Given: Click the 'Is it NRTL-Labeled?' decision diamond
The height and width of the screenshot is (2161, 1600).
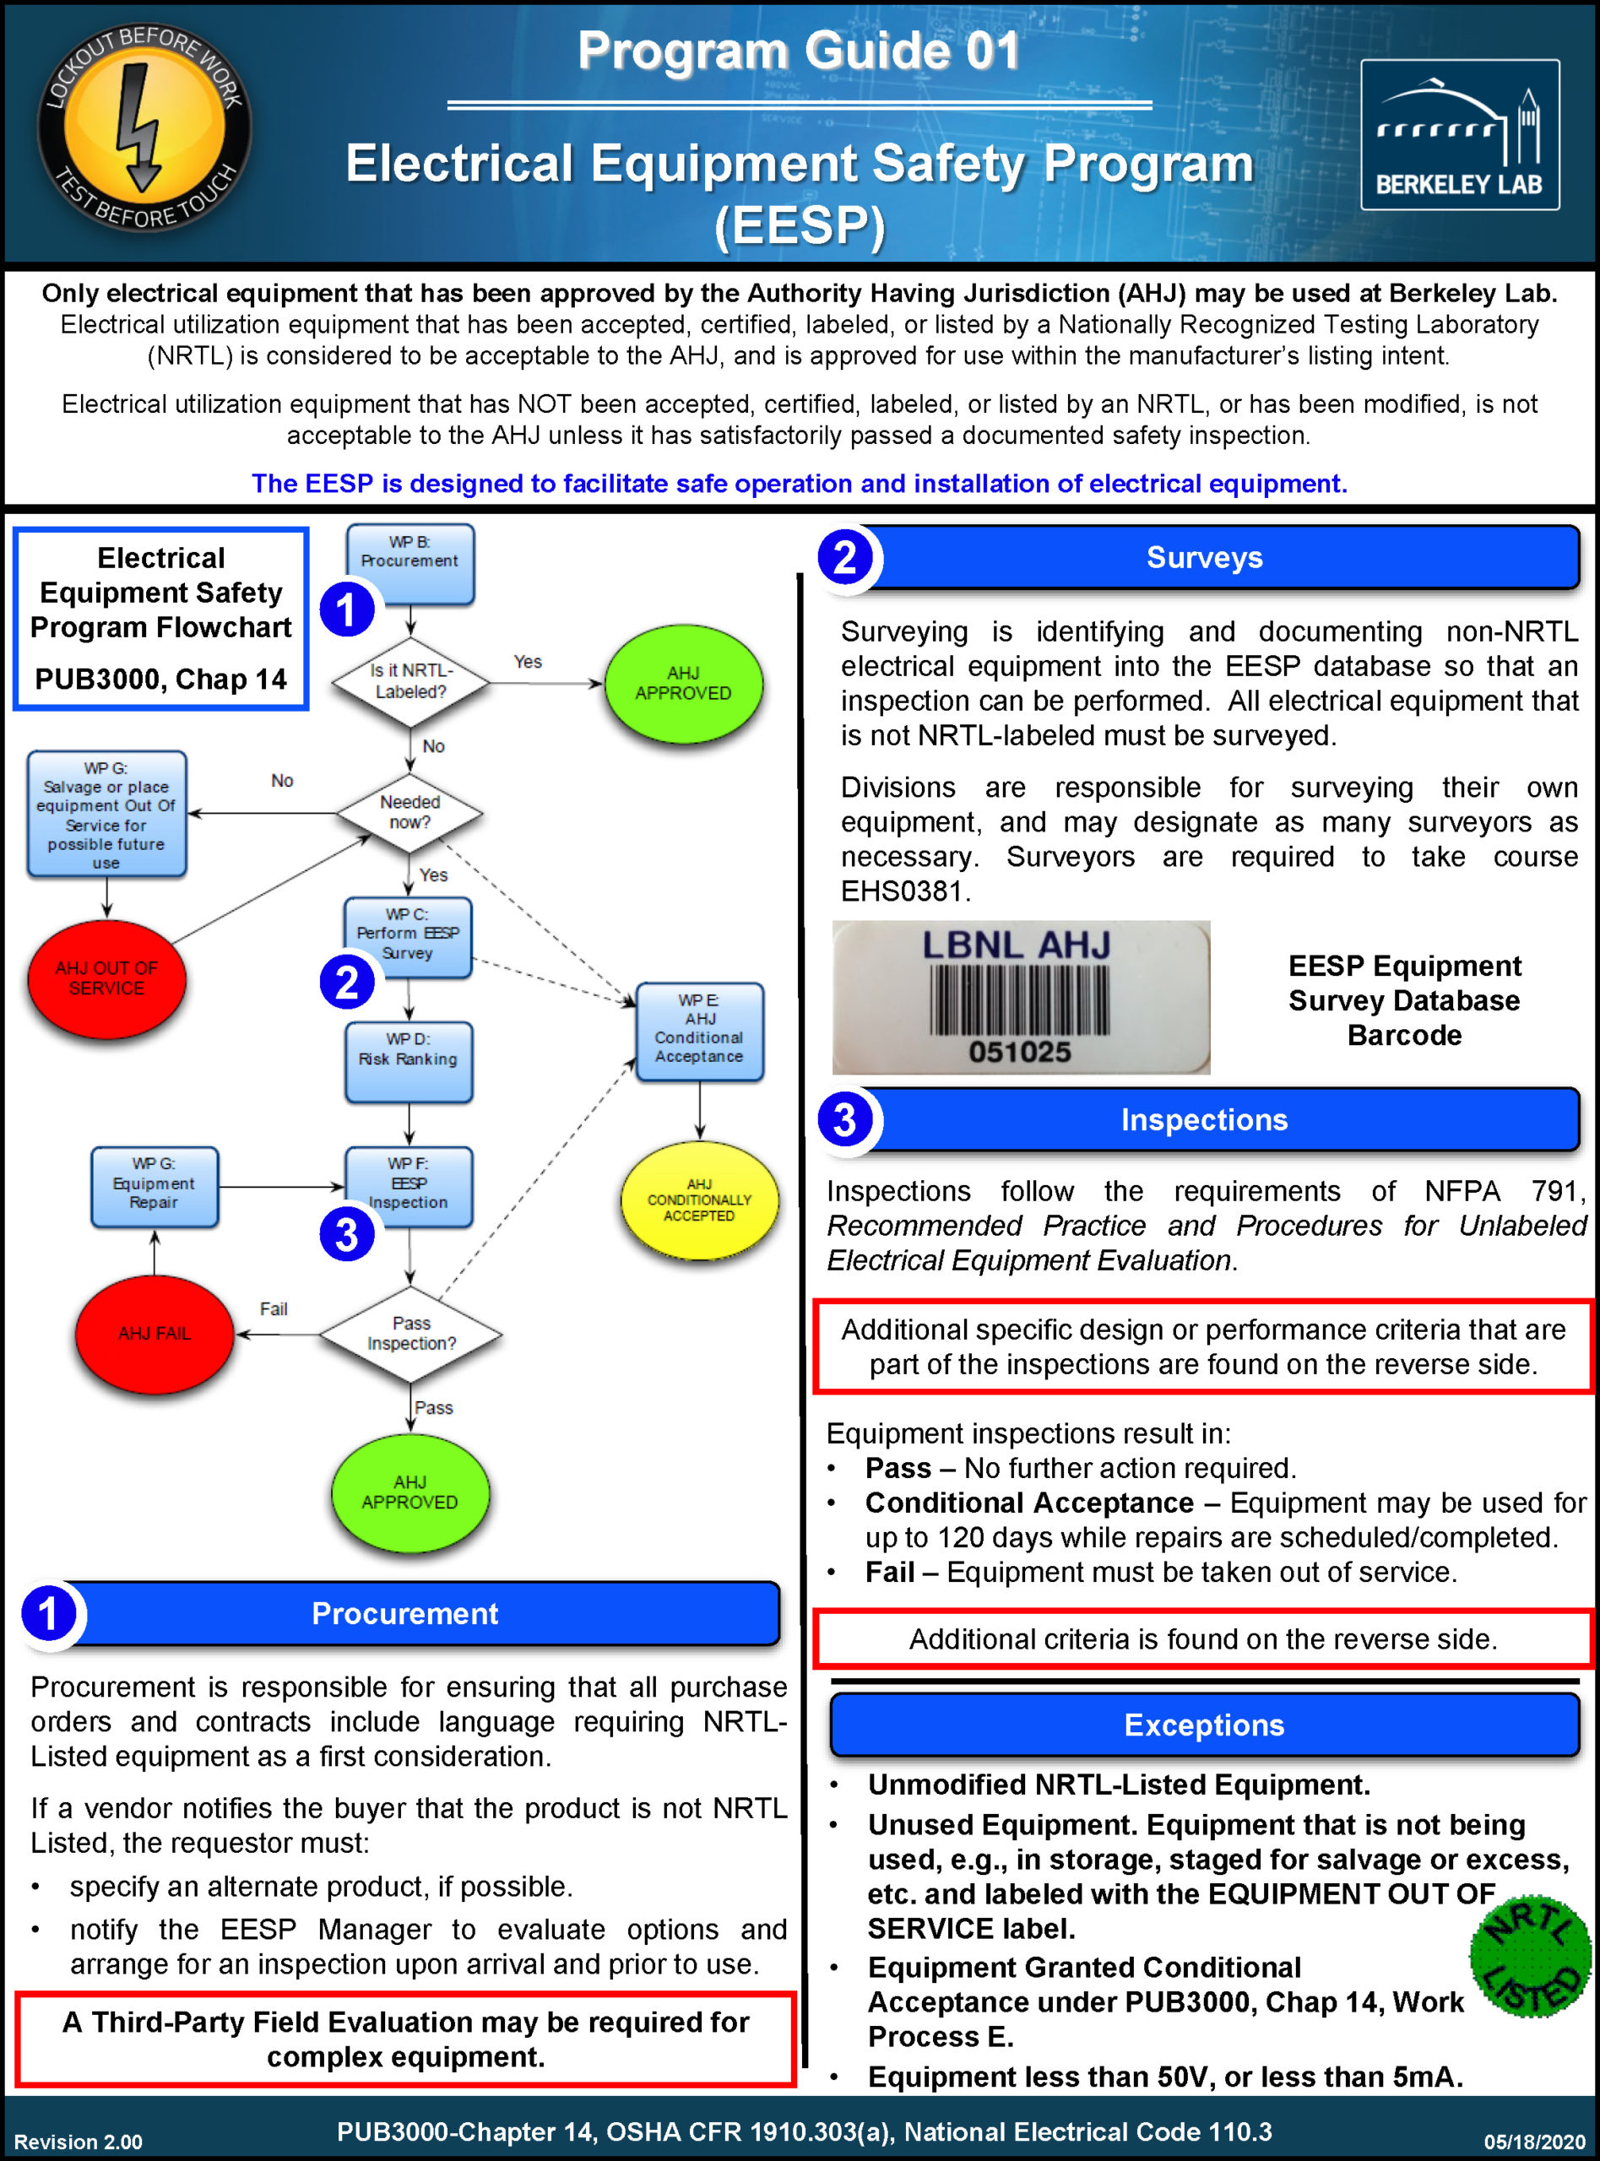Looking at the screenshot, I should pyautogui.click(x=409, y=681).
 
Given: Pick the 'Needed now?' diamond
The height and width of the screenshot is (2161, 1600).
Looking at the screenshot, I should pyautogui.click(x=409, y=812).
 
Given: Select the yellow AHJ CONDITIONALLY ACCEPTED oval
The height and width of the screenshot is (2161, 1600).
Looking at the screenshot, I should pyautogui.click(x=698, y=1200).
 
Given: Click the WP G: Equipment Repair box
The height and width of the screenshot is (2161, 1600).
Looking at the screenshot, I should pyautogui.click(x=154, y=1186).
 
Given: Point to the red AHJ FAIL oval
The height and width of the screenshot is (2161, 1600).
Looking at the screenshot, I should pyautogui.click(x=154, y=1333).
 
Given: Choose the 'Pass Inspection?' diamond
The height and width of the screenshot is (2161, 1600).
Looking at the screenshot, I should pyautogui.click(x=410, y=1333).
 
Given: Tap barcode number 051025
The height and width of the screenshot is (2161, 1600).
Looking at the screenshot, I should pyautogui.click(x=1020, y=1052).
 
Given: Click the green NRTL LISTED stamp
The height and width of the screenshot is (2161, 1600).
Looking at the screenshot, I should pyautogui.click(x=1529, y=1956).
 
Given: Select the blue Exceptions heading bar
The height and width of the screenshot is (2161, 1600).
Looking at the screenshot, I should pyautogui.click(x=1204, y=1725).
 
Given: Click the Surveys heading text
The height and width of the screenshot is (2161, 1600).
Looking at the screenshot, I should pyautogui.click(x=1204, y=558).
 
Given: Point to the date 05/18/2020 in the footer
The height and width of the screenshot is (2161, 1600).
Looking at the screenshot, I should pyautogui.click(x=1534, y=2142).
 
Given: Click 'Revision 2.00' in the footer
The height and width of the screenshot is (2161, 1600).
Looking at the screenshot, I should pyautogui.click(x=79, y=2142).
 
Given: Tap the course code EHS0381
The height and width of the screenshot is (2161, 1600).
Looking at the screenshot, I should pyautogui.click(x=903, y=891).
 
